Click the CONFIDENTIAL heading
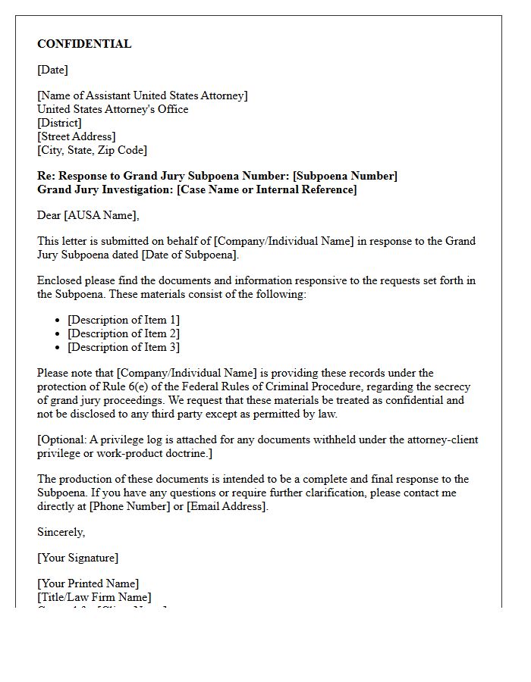(84, 44)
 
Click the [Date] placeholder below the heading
(52, 70)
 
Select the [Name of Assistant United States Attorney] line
(142, 95)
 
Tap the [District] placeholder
(59, 123)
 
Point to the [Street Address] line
(76, 136)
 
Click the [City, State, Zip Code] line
(92, 150)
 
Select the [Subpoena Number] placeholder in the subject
(344, 176)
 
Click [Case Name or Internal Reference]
(266, 189)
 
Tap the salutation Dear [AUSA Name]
(88, 215)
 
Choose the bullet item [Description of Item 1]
(124, 320)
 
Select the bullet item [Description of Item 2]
(124, 333)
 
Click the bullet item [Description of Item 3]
(124, 347)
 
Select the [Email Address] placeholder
(227, 506)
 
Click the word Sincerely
(61, 532)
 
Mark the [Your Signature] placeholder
(77, 558)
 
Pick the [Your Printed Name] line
(88, 583)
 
